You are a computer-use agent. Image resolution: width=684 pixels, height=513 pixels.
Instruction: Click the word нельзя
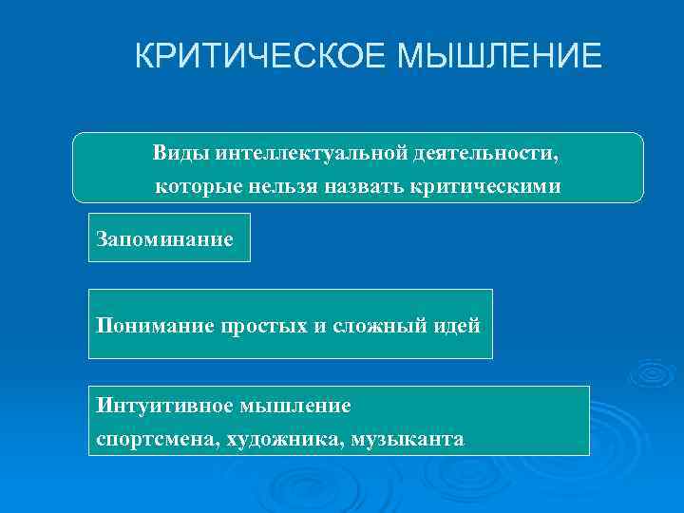281,186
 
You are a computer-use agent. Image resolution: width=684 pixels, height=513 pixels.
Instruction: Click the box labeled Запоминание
169,237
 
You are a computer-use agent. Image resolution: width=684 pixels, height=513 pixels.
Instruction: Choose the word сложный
375,326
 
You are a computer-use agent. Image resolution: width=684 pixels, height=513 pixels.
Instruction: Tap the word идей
458,326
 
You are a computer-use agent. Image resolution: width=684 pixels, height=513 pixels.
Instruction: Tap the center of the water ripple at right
651,372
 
